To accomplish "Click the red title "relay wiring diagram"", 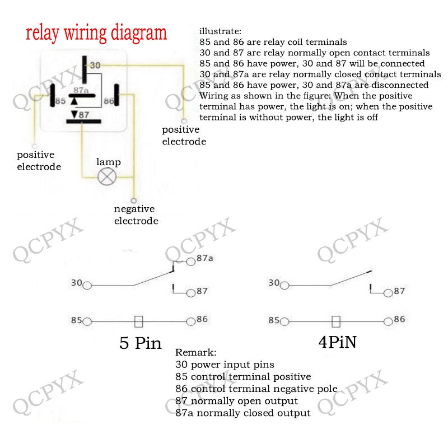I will click(96, 32).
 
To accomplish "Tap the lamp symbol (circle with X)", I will click(107, 177).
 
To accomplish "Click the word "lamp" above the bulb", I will click(108, 162).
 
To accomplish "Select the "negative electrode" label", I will click(136, 215).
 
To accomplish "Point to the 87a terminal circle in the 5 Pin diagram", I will click(190, 260).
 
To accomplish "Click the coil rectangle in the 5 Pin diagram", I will click(139, 321).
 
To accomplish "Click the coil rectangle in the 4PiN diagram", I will click(336, 321).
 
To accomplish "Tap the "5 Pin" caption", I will click(140, 343).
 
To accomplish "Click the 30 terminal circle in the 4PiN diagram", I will click(284, 286).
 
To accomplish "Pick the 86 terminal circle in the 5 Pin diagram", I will click(190, 321).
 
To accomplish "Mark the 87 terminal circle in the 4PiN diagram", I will click(388, 292).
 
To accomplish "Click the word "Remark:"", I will click(195, 353).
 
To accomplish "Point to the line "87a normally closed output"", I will click(242, 413).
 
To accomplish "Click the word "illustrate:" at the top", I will click(220, 30).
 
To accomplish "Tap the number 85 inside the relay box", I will click(60, 102).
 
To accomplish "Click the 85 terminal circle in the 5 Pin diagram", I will click(87, 321).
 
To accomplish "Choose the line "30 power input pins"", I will click(225, 365).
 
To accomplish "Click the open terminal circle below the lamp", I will click(133, 200).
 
